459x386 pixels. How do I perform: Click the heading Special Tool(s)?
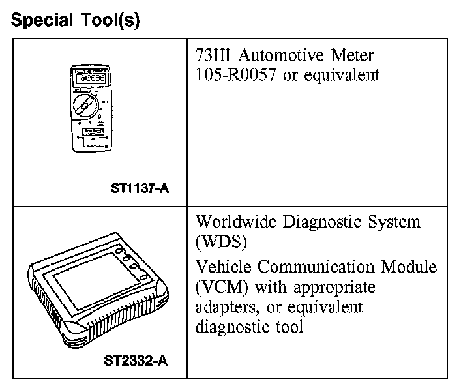[x=76, y=20]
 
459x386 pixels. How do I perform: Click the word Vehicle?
[x=220, y=267]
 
